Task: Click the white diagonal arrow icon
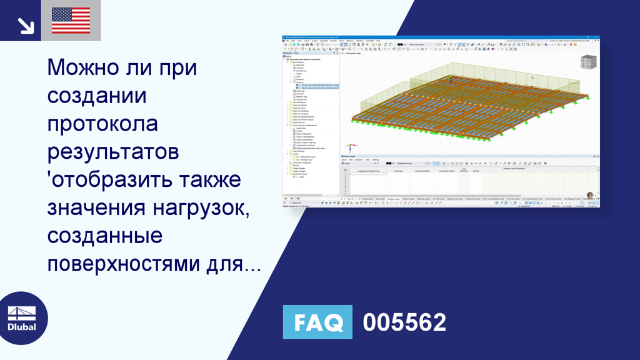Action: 25,25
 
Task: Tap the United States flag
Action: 71,21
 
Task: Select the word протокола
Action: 102,124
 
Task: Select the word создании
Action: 97,96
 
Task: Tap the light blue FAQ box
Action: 317,322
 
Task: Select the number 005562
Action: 404,322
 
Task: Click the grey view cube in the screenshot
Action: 588,62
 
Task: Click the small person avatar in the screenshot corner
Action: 589,196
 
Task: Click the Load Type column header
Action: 398,170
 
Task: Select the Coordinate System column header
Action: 447,170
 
